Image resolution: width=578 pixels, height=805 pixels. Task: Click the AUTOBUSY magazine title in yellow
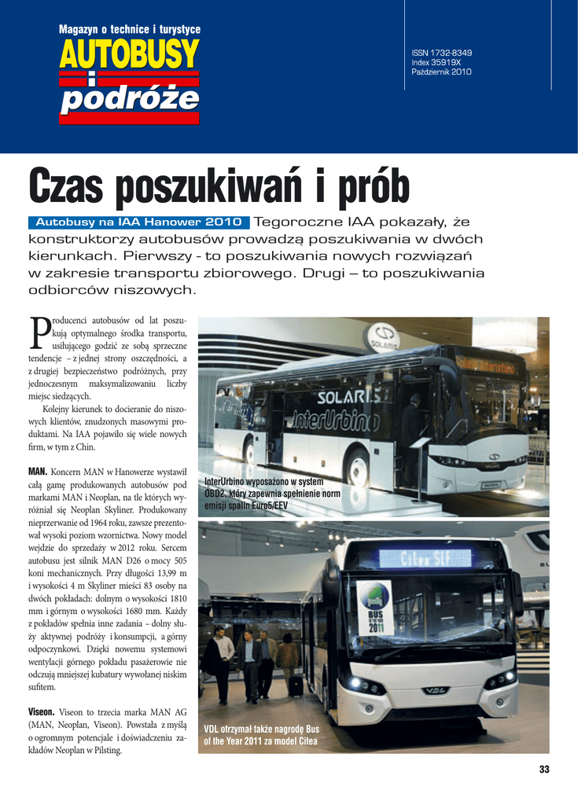[129, 53]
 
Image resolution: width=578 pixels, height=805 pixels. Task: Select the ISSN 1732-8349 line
[441, 53]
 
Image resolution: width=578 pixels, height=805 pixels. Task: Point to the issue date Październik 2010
[441, 72]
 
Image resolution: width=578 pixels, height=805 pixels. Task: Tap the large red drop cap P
[38, 334]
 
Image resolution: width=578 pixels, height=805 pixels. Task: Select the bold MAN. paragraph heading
[39, 472]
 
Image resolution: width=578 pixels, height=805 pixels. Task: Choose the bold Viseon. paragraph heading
[43, 711]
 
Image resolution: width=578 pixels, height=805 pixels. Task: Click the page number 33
[544, 769]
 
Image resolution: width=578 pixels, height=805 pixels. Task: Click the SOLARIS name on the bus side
[346, 396]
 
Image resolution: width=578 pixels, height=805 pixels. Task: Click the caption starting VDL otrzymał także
[261, 734]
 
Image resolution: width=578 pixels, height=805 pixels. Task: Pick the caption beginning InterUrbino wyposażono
[272, 493]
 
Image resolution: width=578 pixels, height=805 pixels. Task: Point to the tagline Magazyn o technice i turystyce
[129, 30]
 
